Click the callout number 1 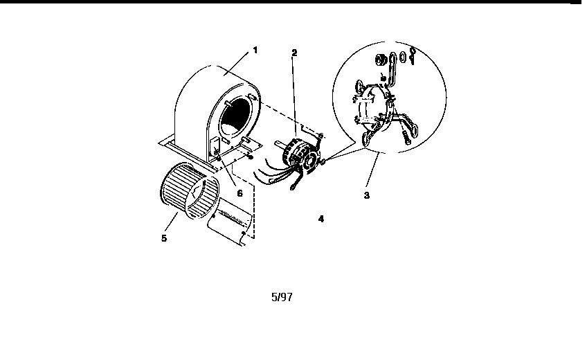255,50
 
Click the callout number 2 294,53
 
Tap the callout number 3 366,195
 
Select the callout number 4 320,219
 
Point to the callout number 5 164,238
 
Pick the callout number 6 240,193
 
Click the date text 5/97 282,297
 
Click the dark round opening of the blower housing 235,117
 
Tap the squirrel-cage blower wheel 189,190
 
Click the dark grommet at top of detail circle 381,60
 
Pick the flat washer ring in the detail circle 403,57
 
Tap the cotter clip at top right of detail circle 413,56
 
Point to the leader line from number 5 171,222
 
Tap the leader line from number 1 236,64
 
